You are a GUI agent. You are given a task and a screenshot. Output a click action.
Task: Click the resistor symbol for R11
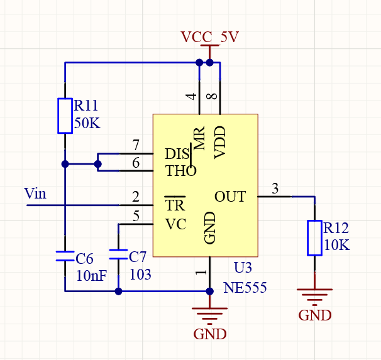[x=65, y=116]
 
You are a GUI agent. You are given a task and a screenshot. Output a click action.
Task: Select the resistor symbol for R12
[x=314, y=238]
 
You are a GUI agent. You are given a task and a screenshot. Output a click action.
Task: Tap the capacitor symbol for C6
[x=65, y=256]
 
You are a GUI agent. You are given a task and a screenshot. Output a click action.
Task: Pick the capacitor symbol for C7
[x=118, y=254]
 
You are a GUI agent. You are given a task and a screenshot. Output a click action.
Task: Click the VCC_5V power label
[x=210, y=37]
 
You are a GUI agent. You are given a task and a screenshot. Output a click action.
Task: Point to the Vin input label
[x=35, y=194]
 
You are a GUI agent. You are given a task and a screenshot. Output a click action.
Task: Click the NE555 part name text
[x=245, y=288]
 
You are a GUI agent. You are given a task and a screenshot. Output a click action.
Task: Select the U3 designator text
[x=243, y=268]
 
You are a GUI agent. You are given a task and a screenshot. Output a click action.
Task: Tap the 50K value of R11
[x=87, y=123]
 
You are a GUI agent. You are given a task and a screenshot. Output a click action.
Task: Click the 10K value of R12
[x=337, y=244]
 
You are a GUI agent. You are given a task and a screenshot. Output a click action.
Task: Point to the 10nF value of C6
[x=92, y=276]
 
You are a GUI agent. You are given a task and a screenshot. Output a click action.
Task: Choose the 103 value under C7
[x=140, y=275]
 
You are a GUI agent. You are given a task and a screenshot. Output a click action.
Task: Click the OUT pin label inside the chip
[x=230, y=197]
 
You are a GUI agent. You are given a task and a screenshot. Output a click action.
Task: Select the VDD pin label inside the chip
[x=220, y=143]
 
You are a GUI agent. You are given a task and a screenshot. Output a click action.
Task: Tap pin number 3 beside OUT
[x=275, y=188]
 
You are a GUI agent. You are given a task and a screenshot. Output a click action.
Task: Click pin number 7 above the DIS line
[x=136, y=145]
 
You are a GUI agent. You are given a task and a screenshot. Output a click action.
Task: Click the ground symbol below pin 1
[x=210, y=316]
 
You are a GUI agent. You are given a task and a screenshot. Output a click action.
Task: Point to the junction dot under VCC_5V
[x=209, y=63]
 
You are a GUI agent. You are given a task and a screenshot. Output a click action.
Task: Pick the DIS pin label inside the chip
[x=177, y=154]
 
